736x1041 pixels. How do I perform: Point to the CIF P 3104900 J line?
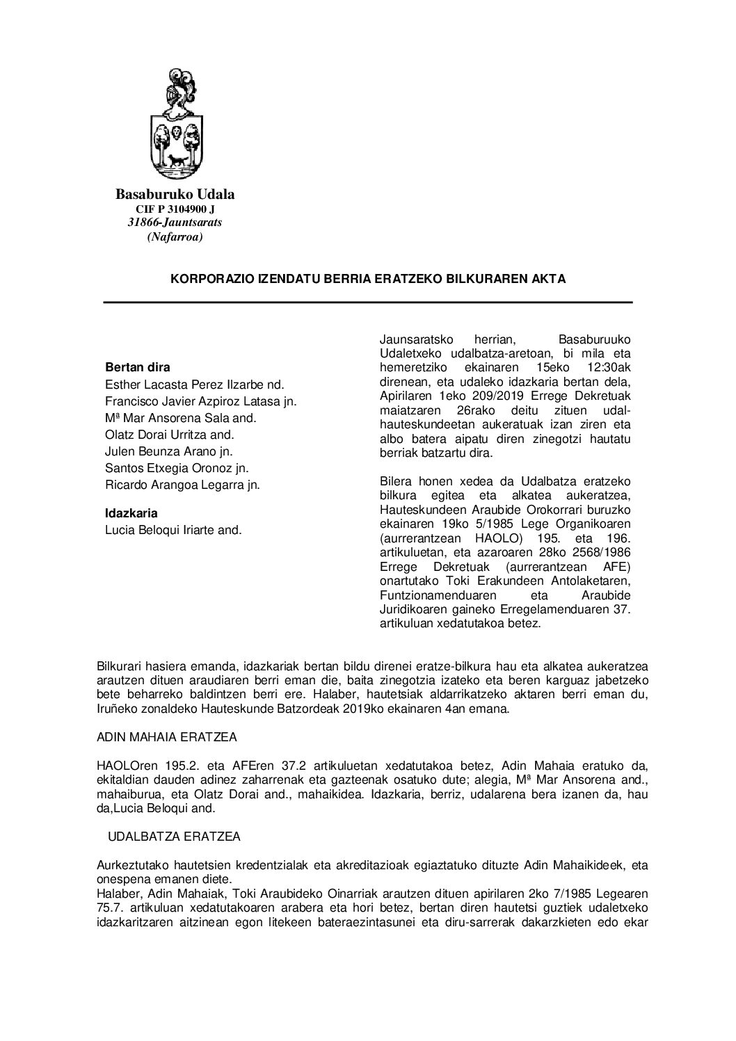tap(175, 209)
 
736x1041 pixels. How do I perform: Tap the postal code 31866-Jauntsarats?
tap(175, 223)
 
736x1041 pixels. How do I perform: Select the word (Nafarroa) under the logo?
tap(175, 237)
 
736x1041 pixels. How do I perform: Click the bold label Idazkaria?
tap(131, 513)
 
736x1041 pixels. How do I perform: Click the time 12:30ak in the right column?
tap(609, 367)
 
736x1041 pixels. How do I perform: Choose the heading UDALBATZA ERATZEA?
tap(174, 837)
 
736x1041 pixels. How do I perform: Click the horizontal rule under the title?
tap(368, 302)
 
